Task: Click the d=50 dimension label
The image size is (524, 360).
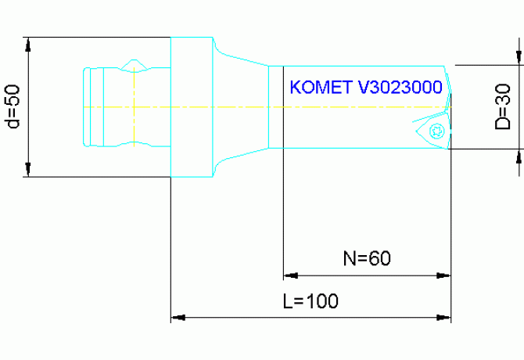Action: [x=12, y=106]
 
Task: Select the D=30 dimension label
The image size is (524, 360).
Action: [x=503, y=106]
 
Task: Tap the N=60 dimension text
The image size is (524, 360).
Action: [x=367, y=257]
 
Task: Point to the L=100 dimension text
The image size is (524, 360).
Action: [x=310, y=301]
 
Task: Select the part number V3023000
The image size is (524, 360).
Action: [x=400, y=87]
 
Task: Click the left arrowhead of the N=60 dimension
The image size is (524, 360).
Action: [x=289, y=275]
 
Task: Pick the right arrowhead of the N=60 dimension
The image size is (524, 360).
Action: [x=444, y=275]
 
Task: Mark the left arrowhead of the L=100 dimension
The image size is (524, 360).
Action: [x=178, y=318]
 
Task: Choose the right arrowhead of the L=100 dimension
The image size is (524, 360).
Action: [x=444, y=318]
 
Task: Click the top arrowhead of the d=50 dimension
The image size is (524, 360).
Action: [x=28, y=44]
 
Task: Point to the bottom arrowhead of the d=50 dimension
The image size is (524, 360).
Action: [x=28, y=170]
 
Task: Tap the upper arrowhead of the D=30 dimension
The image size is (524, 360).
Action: [x=519, y=55]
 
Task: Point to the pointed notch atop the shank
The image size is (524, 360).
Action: [x=136, y=62]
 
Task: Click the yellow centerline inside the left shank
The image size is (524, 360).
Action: [x=125, y=106]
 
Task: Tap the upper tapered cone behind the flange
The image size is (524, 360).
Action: [x=239, y=59]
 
